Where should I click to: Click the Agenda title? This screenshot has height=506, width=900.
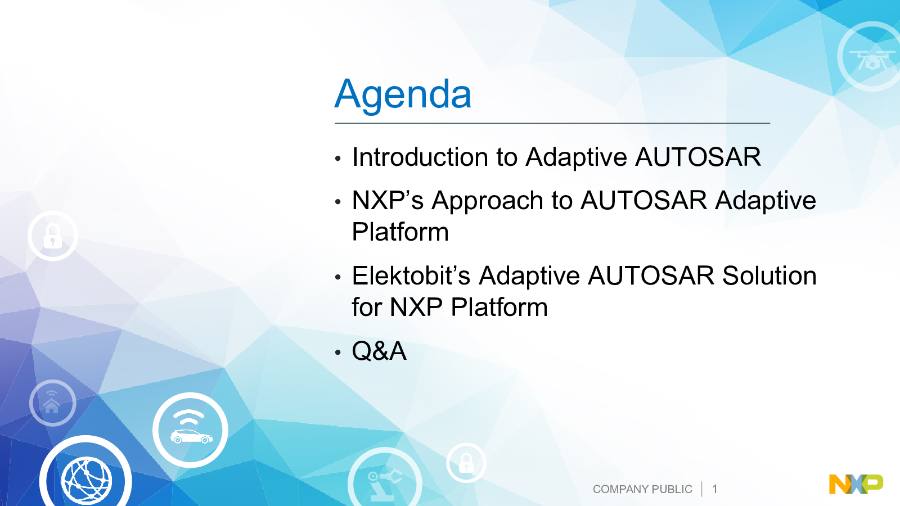(x=403, y=95)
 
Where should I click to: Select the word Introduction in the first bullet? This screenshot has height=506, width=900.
(x=420, y=157)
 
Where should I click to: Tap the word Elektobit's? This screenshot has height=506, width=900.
(x=411, y=275)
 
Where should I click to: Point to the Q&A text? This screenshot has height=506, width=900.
(x=379, y=351)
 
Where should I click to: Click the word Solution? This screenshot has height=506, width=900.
(x=769, y=275)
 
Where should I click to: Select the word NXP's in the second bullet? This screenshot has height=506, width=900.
(x=388, y=200)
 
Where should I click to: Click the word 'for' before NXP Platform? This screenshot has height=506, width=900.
(x=366, y=307)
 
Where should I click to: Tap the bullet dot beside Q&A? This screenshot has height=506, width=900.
(x=337, y=352)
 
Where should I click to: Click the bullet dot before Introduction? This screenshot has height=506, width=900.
(x=337, y=158)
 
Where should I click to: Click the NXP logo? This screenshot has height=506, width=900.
(x=856, y=484)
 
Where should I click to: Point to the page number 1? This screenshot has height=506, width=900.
(x=715, y=489)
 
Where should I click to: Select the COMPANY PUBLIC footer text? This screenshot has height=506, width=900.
(x=642, y=489)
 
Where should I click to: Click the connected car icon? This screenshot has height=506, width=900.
(x=191, y=430)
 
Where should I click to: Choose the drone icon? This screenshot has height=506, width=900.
(x=871, y=56)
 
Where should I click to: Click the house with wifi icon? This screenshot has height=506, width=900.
(x=53, y=403)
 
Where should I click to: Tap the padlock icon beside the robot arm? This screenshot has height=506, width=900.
(x=466, y=463)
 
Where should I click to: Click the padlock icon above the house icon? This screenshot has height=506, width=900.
(x=53, y=236)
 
